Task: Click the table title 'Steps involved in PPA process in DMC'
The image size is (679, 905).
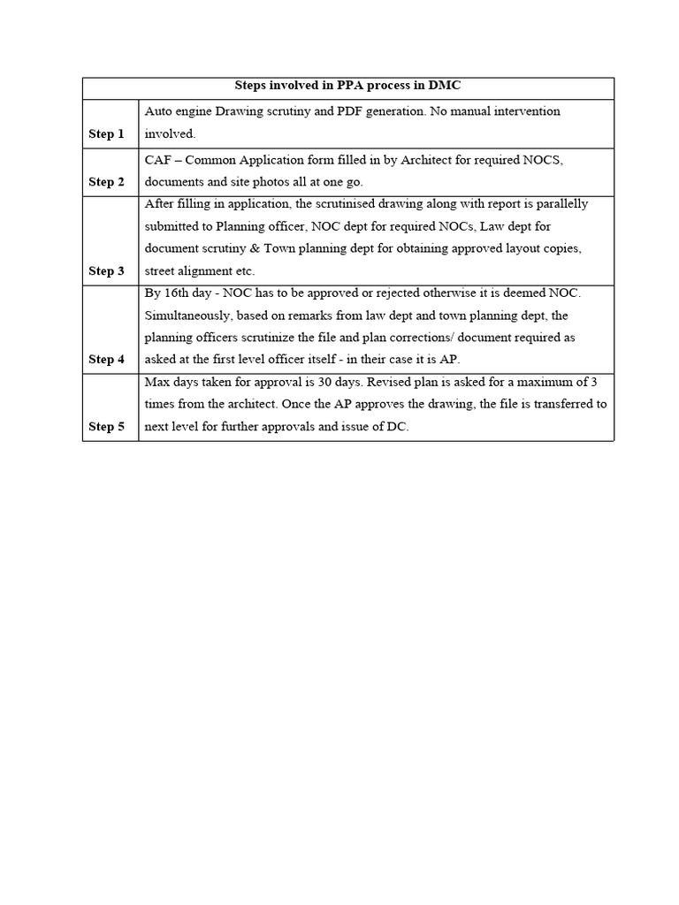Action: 347,87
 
